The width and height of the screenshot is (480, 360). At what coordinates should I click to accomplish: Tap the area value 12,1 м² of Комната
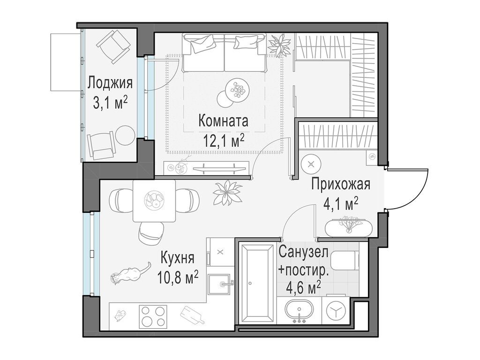coord(223,140)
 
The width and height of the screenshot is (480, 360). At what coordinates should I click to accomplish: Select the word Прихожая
coord(341,184)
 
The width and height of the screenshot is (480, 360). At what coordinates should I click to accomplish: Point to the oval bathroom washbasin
coord(299,312)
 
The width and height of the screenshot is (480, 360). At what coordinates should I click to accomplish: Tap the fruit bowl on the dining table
coord(154,201)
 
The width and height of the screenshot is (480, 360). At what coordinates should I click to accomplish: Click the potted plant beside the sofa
coord(280,45)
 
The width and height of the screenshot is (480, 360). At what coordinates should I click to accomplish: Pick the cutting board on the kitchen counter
coord(192,315)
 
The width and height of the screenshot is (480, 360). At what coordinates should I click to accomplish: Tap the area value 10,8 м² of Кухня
coord(179,277)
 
